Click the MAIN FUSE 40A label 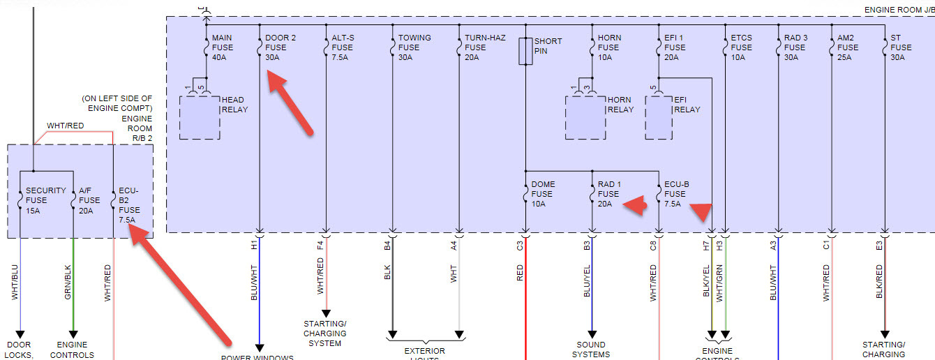pyautogui.click(x=223, y=47)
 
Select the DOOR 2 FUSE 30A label pyautogui.click(x=280, y=47)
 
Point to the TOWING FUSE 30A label pyautogui.click(x=414, y=47)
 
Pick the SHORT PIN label pyautogui.click(x=548, y=46)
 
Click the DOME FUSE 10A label pyautogui.click(x=543, y=194)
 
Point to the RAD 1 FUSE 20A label pyautogui.click(x=608, y=194)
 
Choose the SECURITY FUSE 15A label pyautogui.click(x=45, y=200)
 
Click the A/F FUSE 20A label pyautogui.click(x=89, y=200)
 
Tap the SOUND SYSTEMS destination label pyautogui.click(x=591, y=349)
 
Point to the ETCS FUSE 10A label pyautogui.click(x=741, y=47)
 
